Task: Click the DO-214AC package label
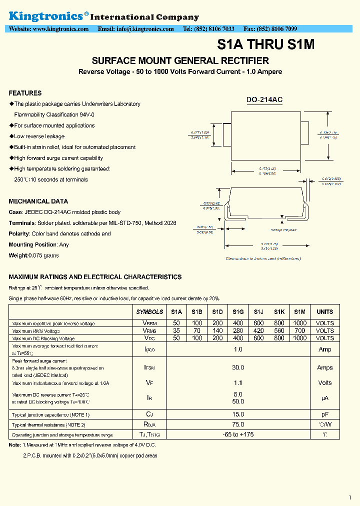[x=264, y=100]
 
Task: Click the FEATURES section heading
[x=25, y=93]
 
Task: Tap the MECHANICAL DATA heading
[x=38, y=201]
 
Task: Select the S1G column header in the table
[x=238, y=311]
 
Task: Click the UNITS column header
[x=324, y=311]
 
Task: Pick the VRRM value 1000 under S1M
[x=299, y=323]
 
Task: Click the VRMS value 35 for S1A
[x=176, y=330]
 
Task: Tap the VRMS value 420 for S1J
[x=258, y=330]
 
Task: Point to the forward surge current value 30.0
[x=238, y=367]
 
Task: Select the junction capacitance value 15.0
[x=238, y=414]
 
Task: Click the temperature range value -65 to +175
[x=238, y=434]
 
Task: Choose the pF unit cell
[x=324, y=414]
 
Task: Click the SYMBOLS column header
[x=149, y=311]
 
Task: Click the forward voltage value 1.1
[x=238, y=382]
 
